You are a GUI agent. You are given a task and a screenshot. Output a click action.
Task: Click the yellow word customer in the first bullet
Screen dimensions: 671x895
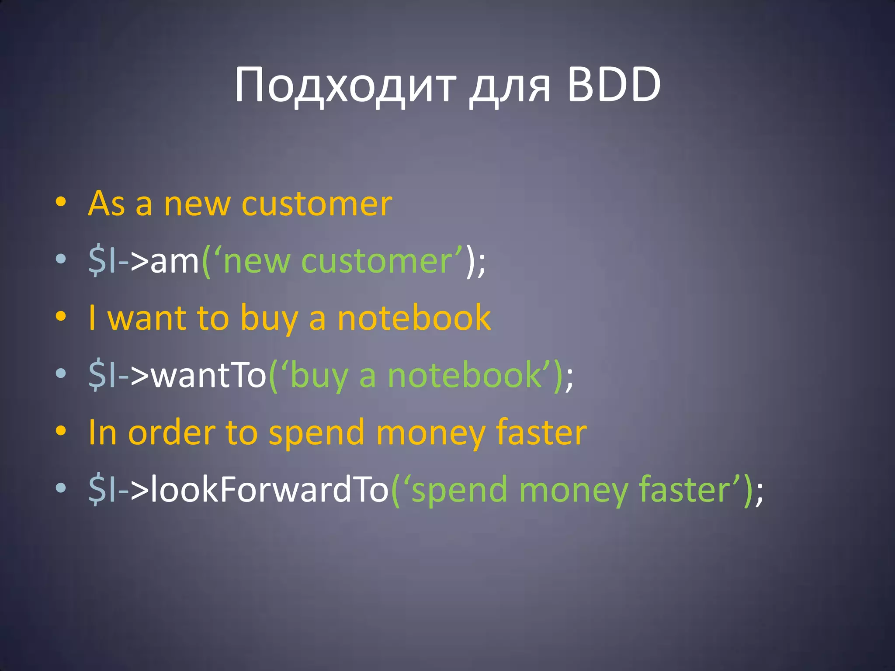coord(317,204)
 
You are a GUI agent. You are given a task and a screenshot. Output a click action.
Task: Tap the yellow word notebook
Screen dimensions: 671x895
coord(414,318)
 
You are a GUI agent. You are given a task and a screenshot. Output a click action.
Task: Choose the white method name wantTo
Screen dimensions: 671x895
coord(208,375)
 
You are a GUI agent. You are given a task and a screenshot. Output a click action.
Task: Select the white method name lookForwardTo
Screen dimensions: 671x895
coord(269,489)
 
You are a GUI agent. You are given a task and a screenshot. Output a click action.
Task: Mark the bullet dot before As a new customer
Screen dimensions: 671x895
coord(61,202)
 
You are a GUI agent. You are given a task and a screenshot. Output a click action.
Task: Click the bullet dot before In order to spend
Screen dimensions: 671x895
coord(61,431)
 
